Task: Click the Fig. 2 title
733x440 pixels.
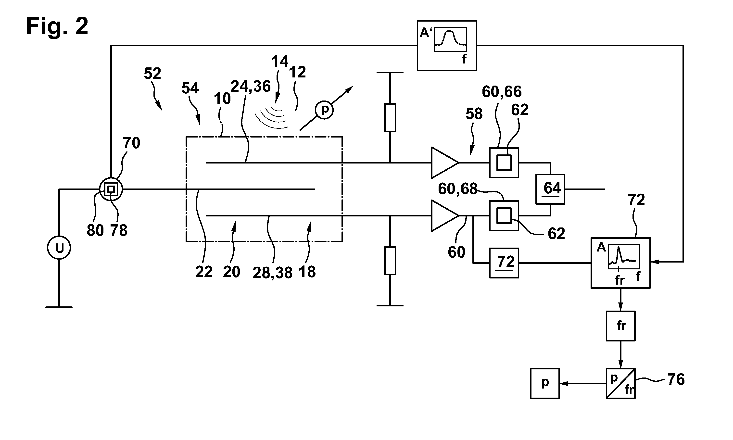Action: point(57,26)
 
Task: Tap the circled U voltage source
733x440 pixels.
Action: point(59,248)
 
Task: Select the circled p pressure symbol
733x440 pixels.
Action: point(324,110)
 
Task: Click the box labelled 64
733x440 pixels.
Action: point(550,189)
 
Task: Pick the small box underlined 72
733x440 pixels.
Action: point(504,263)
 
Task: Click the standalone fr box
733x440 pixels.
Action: point(620,326)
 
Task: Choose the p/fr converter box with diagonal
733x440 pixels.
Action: point(620,383)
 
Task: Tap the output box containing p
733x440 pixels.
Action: point(545,383)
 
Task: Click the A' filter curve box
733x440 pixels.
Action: point(447,46)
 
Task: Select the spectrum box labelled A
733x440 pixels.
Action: point(621,263)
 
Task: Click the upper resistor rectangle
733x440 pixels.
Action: point(390,117)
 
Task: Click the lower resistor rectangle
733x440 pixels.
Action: point(390,261)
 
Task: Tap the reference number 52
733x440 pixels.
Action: point(152,73)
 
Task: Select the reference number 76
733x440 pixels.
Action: point(676,379)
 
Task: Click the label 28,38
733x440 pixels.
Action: point(272,273)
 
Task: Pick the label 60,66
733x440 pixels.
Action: point(502,92)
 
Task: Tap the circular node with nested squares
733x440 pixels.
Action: point(111,189)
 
